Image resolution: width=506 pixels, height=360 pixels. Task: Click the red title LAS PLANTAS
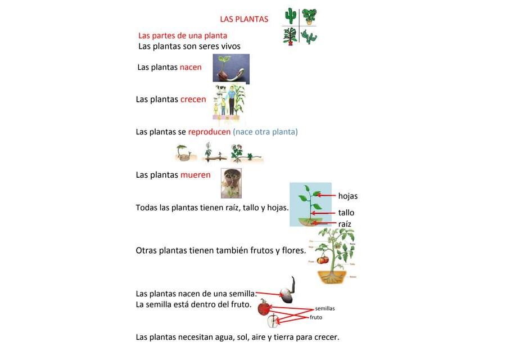coord(244,19)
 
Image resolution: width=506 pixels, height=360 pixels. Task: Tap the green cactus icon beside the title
coord(291,16)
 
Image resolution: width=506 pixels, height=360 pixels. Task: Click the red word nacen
coord(191,67)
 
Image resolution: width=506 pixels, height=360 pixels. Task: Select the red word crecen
coord(193,100)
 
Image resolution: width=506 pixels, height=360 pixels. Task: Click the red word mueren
coord(195,175)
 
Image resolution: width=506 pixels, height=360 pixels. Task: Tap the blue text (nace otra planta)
coord(265,132)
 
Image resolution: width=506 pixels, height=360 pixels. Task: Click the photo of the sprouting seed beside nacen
coord(231,69)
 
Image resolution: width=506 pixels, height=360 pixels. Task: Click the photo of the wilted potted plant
coord(231,183)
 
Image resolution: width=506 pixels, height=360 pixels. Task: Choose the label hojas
coord(348,196)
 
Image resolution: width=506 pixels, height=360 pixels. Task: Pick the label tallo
coord(346,213)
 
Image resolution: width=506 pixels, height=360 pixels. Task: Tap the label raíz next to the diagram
coord(345,224)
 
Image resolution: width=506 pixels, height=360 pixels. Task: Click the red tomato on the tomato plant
coord(322,259)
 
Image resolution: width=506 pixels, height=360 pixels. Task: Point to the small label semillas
coord(325,309)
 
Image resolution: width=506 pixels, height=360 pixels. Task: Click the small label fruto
coord(317,318)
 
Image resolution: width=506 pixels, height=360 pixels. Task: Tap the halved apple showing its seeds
coord(273,321)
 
